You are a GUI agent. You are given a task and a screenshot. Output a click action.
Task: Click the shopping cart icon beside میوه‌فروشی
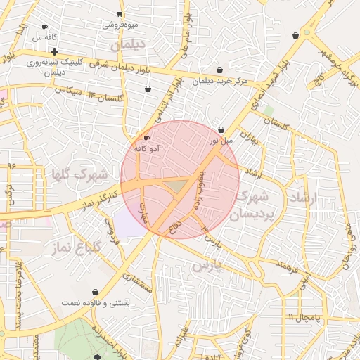click(x=120, y=14)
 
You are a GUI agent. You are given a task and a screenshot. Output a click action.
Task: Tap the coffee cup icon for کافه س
click(x=45, y=27)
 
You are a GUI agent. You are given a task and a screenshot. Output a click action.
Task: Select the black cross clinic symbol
click(x=54, y=52)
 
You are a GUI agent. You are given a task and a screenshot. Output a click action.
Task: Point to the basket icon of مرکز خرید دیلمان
click(x=221, y=70)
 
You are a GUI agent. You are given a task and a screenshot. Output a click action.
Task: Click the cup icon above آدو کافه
click(x=146, y=138)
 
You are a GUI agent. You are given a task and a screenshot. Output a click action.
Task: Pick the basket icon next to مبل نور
click(x=221, y=130)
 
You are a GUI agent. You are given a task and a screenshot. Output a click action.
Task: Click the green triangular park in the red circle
click(x=177, y=186)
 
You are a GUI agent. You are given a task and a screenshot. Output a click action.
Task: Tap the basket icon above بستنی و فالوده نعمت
click(x=95, y=292)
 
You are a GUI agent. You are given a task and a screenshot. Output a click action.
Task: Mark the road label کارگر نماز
click(x=96, y=198)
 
